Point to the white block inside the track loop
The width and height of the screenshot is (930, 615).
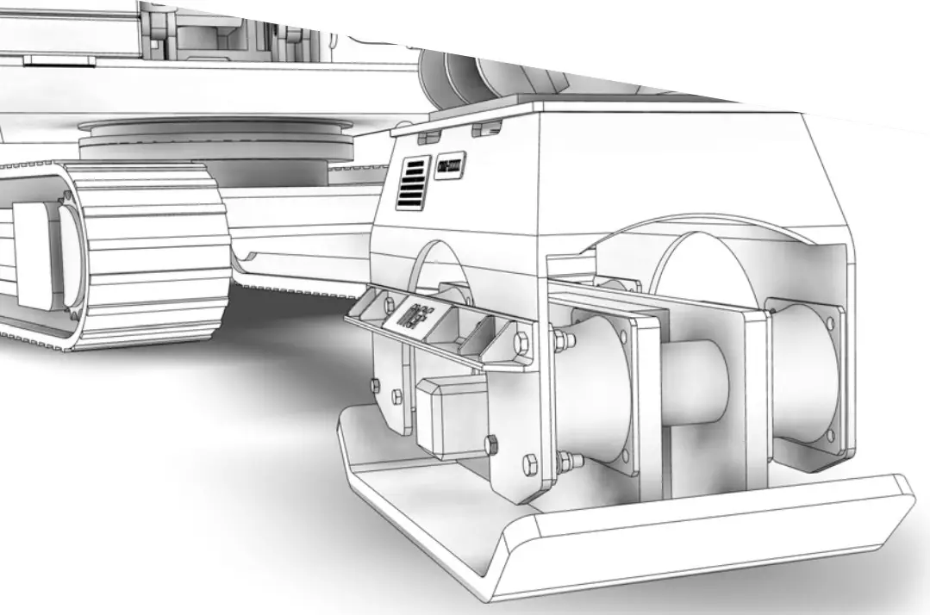click(39, 250)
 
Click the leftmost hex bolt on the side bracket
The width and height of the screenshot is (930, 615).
click(376, 384)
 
